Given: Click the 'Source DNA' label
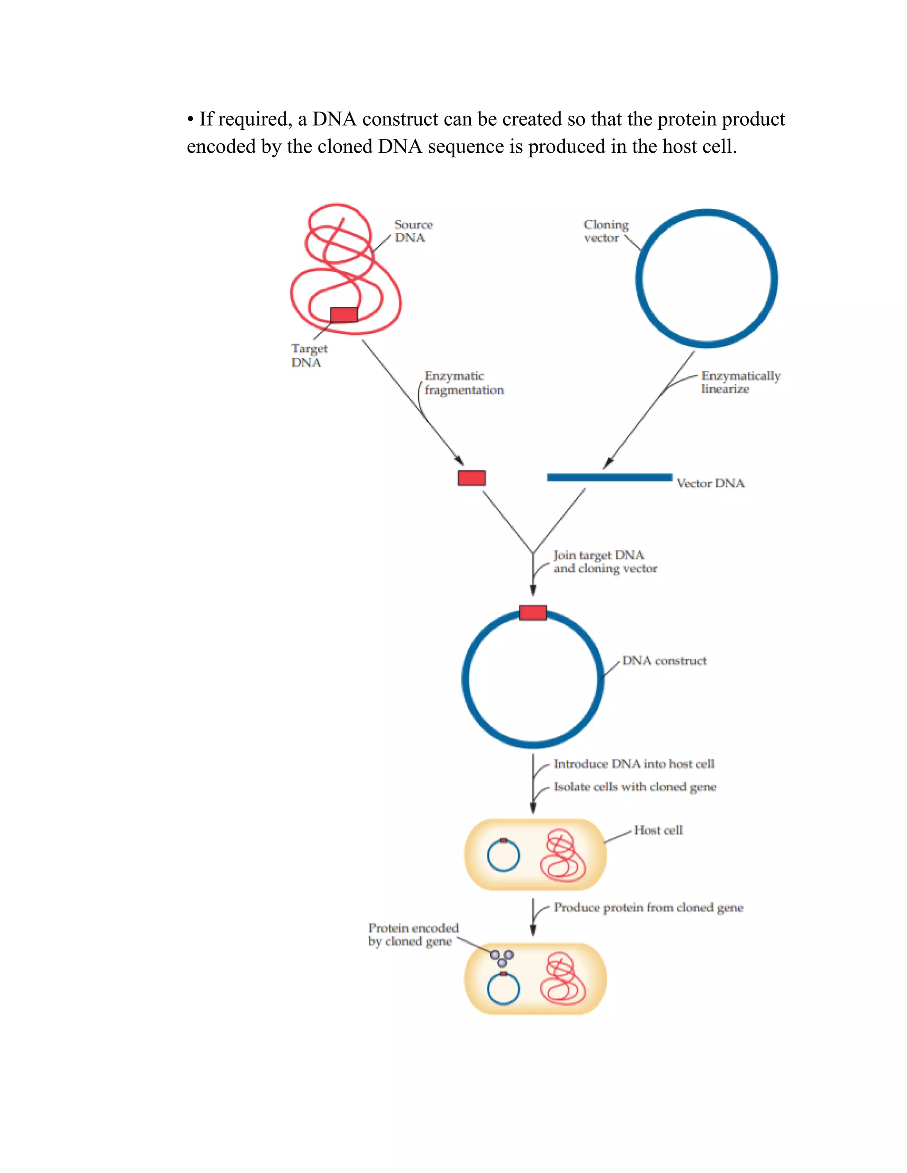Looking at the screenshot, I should (x=413, y=231).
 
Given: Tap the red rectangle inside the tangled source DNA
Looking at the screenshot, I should (x=343, y=315).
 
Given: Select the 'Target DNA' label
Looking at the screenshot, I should (x=309, y=355).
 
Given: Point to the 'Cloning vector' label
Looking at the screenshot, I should (x=605, y=231).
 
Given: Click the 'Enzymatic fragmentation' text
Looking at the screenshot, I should (x=464, y=382).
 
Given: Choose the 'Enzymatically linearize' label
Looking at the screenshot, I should (x=740, y=382).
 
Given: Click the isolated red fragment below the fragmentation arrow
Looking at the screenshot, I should (x=471, y=478).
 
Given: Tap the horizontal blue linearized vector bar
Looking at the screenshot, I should (x=609, y=477).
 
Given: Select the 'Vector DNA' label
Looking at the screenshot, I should (x=710, y=483).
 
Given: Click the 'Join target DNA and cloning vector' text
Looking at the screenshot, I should (x=605, y=561).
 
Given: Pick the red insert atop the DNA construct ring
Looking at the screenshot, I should (x=532, y=612).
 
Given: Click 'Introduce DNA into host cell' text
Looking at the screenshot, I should (x=633, y=764).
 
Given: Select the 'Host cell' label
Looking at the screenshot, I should (x=658, y=830).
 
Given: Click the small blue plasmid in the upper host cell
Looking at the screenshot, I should (x=503, y=856).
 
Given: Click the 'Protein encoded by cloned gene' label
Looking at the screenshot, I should (x=412, y=934).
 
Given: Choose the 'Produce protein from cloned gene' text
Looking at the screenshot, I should (x=648, y=907).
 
